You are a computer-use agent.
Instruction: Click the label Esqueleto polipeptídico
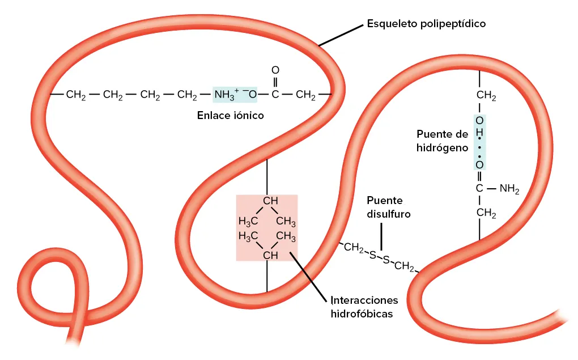(x=426, y=24)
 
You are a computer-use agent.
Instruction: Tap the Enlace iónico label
(x=231, y=115)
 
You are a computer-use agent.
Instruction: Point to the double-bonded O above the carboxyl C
(x=275, y=70)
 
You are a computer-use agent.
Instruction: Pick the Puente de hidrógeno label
(x=442, y=141)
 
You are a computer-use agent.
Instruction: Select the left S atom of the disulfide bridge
(x=372, y=256)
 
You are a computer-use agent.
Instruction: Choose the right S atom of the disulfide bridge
(x=386, y=260)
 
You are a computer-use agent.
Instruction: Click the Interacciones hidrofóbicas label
(x=364, y=306)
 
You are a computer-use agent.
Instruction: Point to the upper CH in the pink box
(x=270, y=201)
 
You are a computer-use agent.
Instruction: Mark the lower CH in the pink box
(x=270, y=255)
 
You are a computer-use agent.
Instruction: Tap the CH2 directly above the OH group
(x=486, y=96)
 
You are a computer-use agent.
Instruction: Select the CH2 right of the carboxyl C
(x=306, y=95)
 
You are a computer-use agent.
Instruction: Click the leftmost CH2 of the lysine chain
(x=76, y=95)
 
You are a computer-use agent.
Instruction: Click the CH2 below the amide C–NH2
(x=486, y=213)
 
